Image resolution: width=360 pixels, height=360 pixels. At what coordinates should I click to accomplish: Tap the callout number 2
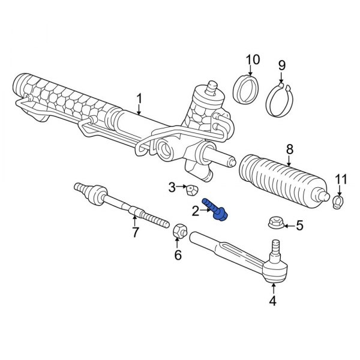(195, 211)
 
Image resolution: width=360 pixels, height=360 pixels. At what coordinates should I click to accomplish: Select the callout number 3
(171, 188)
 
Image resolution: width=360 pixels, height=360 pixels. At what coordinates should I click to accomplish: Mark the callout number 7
(135, 232)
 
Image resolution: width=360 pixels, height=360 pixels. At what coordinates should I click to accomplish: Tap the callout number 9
(281, 64)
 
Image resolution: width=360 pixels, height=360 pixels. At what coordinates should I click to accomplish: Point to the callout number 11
(341, 179)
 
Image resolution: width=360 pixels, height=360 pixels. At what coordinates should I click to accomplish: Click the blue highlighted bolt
(214, 210)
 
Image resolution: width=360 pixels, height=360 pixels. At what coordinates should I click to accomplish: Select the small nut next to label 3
(190, 191)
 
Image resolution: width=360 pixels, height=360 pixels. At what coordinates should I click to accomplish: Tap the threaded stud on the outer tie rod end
(275, 246)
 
